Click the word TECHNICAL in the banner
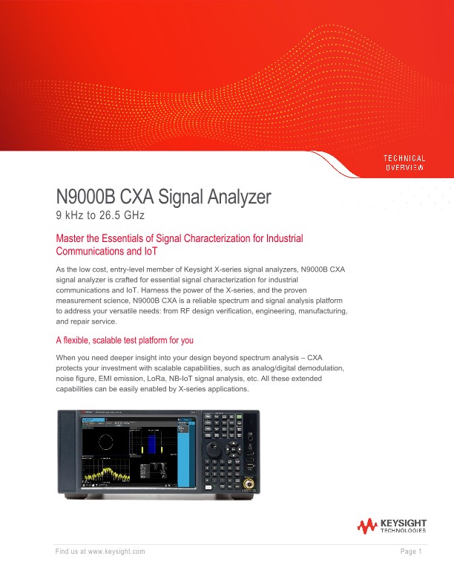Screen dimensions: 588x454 (404, 158)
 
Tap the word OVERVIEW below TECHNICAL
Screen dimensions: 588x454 (404, 168)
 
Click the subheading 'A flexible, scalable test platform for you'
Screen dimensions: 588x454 (125, 340)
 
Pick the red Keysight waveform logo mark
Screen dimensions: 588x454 (366, 526)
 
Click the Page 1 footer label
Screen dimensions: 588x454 (410, 551)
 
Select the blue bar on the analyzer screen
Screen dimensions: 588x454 (151, 443)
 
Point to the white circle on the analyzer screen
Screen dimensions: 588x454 (106, 442)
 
